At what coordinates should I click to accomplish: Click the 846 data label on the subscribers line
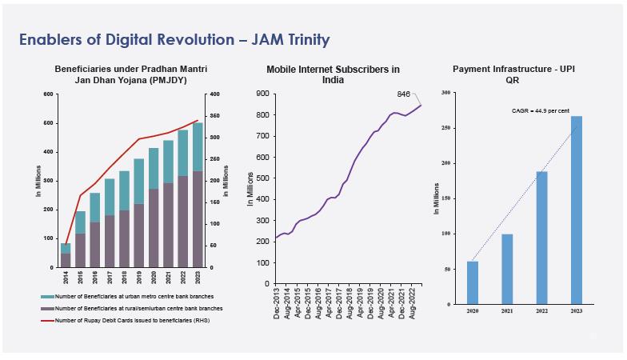[x=404, y=94]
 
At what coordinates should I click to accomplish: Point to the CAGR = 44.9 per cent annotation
[x=541, y=111]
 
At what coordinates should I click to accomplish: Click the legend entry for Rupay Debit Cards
[x=131, y=320]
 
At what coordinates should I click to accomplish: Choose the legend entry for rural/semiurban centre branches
[x=136, y=308]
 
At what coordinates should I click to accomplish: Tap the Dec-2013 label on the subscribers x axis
[x=277, y=303]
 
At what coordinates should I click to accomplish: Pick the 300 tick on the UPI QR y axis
[x=445, y=94]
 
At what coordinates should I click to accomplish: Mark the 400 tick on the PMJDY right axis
[x=214, y=94]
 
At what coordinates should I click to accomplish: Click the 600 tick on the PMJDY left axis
[x=48, y=94]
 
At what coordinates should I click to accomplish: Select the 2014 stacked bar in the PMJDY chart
[x=66, y=254]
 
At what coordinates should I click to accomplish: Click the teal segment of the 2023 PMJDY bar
[x=197, y=146]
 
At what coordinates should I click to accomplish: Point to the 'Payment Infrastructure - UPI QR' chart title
[x=513, y=75]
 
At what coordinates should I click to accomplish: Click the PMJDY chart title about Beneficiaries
[x=130, y=75]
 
